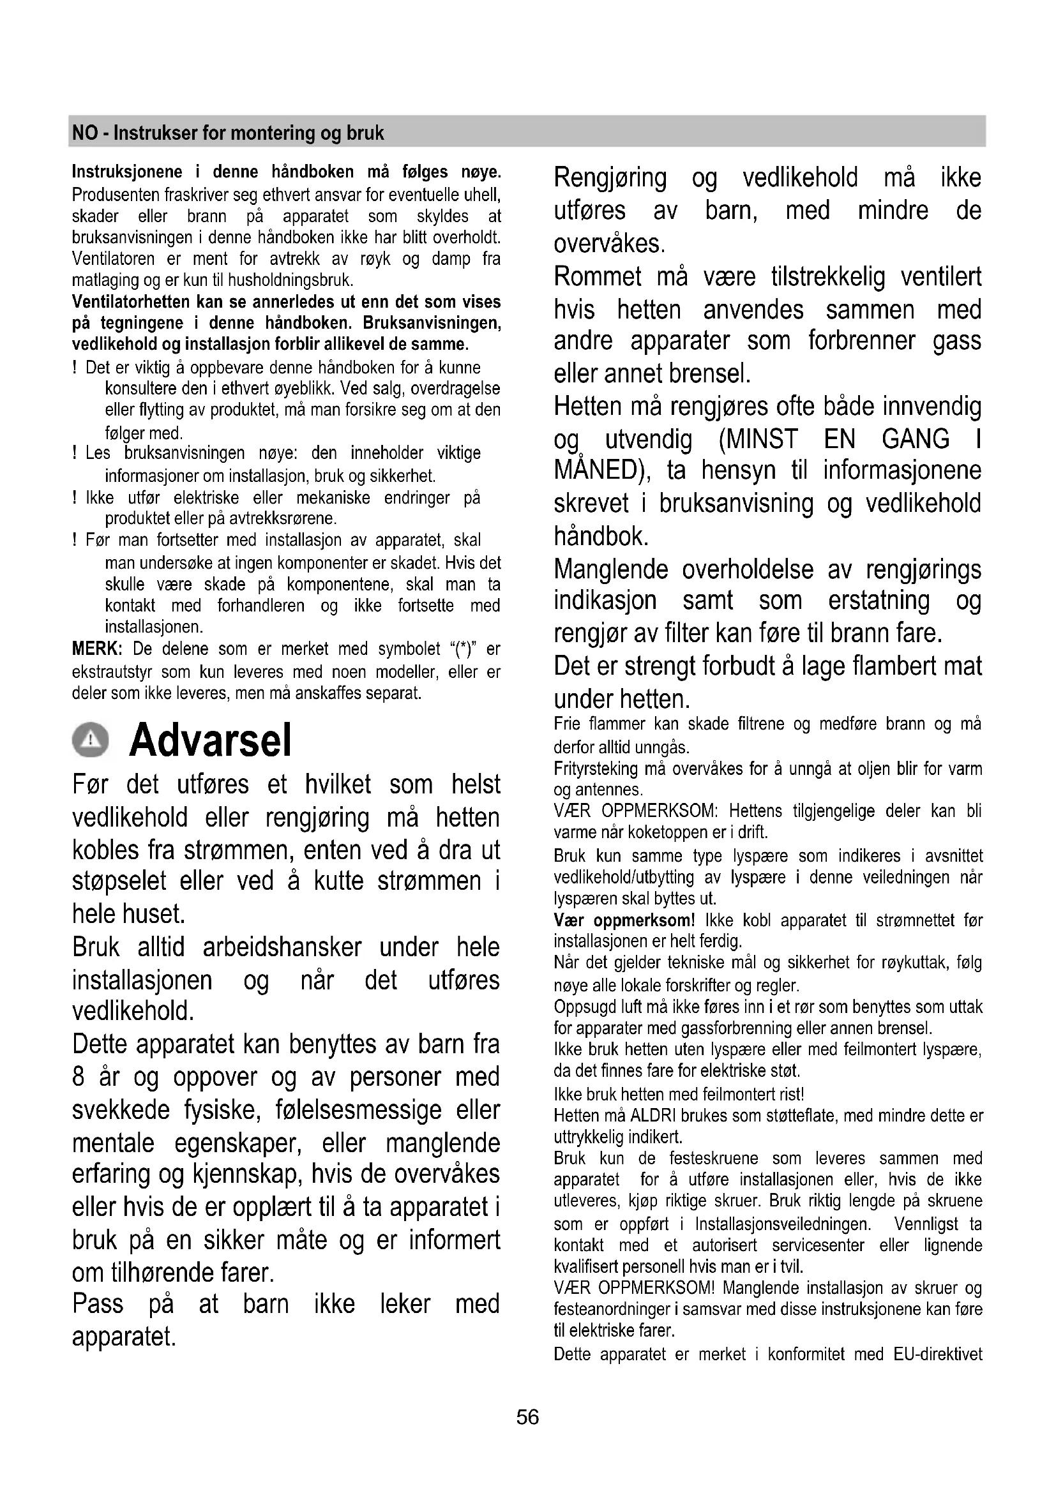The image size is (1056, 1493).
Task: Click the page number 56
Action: coord(527,1417)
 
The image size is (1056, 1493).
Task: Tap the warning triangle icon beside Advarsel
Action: coord(91,740)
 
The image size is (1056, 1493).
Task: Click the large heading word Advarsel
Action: coord(211,740)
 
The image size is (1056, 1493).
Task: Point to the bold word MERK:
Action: coord(97,649)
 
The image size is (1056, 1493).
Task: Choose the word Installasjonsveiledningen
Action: coord(782,1224)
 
